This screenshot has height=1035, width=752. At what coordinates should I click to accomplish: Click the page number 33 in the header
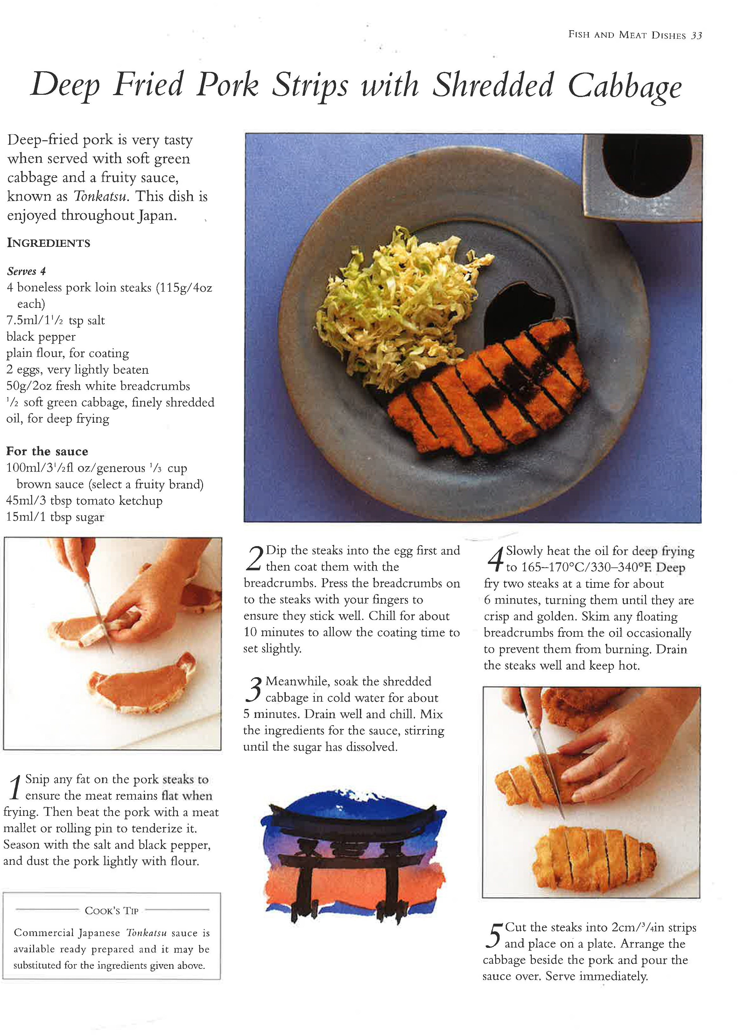point(696,36)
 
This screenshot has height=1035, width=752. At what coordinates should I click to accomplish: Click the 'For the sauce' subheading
point(47,451)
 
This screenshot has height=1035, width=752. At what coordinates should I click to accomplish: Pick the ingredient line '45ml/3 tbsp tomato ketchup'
point(84,501)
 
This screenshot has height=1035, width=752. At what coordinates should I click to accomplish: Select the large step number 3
point(253,690)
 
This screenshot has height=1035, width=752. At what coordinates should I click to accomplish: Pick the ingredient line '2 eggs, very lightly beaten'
point(78,370)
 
